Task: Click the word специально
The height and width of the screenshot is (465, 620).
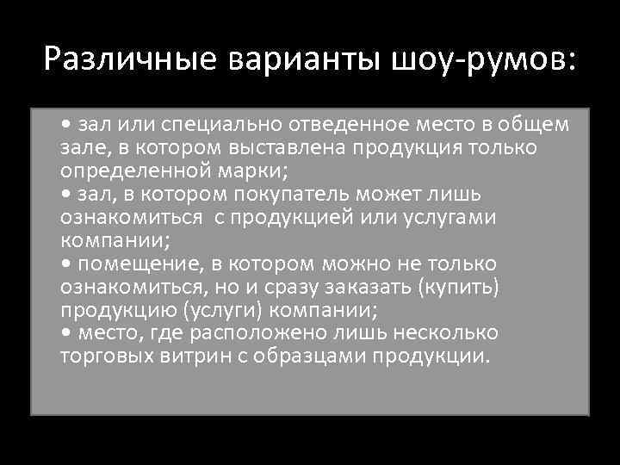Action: pos(218,125)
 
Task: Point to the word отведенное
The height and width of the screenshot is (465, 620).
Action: pos(340,125)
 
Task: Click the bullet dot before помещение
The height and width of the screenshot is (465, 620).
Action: pos(68,263)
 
